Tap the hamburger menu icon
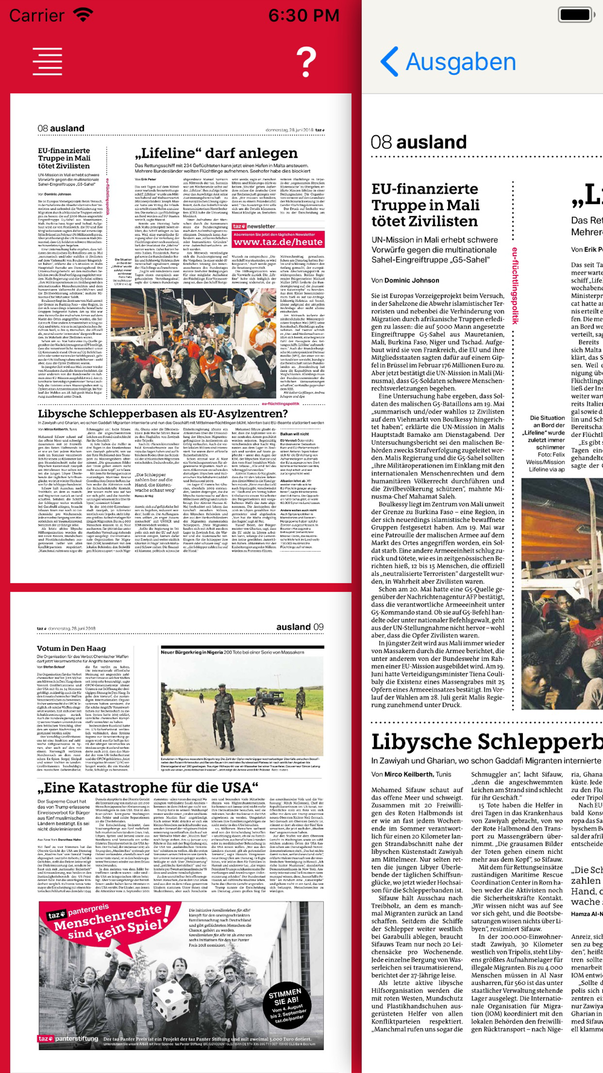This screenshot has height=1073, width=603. (48, 61)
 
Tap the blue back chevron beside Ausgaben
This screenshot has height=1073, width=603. (390, 62)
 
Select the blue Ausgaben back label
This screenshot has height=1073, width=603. (461, 62)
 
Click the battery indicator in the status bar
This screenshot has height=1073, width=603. (576, 14)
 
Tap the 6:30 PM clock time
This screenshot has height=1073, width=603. (303, 15)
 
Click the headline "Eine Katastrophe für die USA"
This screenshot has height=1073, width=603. (148, 788)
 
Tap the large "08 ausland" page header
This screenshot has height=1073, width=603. (419, 142)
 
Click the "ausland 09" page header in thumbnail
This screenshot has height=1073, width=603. (300, 627)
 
